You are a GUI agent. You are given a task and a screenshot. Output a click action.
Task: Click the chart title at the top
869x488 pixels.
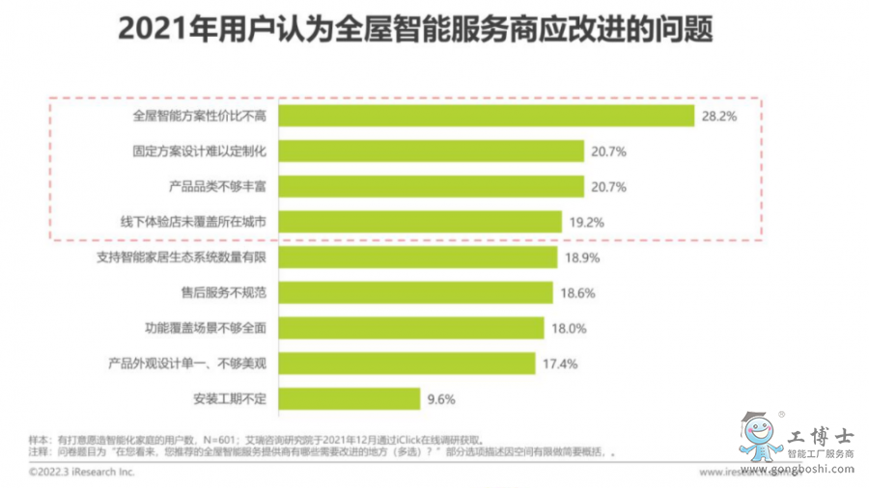click(x=415, y=30)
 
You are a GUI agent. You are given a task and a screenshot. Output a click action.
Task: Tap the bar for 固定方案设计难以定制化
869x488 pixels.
click(x=431, y=151)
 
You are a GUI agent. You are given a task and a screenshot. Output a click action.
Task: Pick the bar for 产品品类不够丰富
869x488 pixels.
click(x=431, y=186)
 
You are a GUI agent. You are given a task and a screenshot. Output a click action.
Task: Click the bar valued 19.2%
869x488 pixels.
click(x=420, y=222)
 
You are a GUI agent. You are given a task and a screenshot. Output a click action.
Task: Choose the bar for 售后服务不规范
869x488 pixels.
click(x=415, y=292)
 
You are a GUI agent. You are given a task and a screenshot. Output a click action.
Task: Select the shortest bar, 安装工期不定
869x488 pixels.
click(x=349, y=397)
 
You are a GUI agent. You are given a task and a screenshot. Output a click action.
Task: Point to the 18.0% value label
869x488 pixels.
click(x=569, y=328)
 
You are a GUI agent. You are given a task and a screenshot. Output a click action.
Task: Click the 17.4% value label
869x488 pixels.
click(x=560, y=363)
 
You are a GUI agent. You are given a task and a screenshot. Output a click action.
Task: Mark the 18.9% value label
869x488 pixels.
click(x=582, y=258)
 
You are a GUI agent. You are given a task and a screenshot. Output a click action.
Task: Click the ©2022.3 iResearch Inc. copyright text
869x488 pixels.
click(x=81, y=473)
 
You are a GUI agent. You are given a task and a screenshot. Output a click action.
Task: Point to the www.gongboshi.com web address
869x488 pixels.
click(x=803, y=470)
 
